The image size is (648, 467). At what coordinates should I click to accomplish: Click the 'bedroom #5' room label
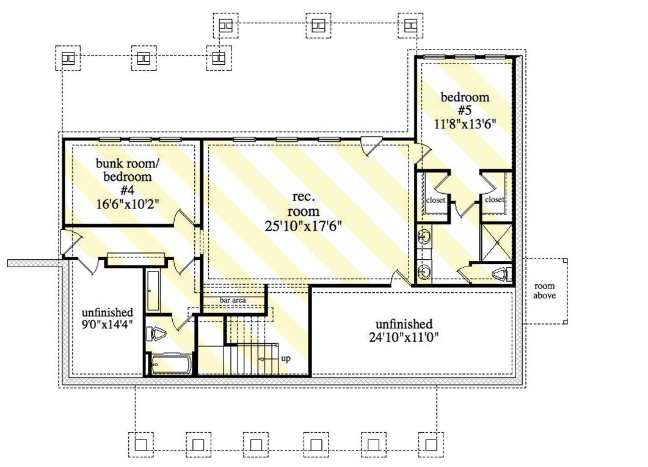coord(465,104)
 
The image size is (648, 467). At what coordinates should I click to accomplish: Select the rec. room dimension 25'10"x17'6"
coord(303,225)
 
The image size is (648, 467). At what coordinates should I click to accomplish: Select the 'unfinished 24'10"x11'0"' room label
coord(404,330)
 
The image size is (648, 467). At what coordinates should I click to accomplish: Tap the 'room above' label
coord(544,292)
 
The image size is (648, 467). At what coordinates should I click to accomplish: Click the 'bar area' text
coord(233,300)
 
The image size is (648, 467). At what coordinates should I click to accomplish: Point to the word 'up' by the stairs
coord(285,358)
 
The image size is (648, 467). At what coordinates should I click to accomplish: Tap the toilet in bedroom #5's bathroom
coord(501,274)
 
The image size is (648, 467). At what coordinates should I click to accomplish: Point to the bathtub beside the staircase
coord(170,365)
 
